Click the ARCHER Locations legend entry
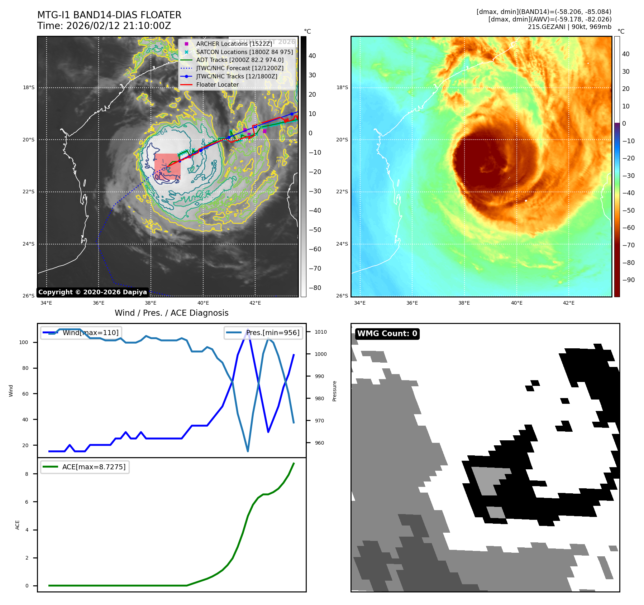(x=234, y=44)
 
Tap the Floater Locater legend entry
(x=217, y=84)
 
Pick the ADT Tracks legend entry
(x=240, y=60)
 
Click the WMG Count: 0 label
(x=387, y=334)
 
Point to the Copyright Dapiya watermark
(x=92, y=292)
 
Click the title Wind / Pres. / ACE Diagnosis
(x=171, y=313)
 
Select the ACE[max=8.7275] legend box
(x=85, y=467)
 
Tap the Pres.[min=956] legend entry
(x=263, y=333)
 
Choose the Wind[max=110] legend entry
(x=81, y=333)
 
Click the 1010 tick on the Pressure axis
(x=321, y=332)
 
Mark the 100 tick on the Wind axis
(x=24, y=342)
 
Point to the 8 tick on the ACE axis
(x=27, y=474)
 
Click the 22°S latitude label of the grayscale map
(x=29, y=192)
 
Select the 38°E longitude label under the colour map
(x=464, y=303)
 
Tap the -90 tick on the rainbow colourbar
(x=628, y=280)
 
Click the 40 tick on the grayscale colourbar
(x=312, y=56)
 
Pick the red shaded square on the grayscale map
(x=167, y=166)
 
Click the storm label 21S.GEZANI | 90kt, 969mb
(x=569, y=27)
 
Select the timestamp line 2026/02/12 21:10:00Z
(x=104, y=26)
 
